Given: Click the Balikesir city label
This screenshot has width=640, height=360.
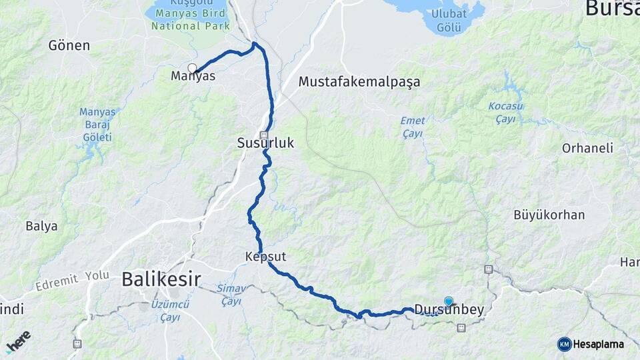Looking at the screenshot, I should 161,280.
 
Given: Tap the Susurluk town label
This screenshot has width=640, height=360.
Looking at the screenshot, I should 265,143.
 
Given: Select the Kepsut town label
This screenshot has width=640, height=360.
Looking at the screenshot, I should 265,256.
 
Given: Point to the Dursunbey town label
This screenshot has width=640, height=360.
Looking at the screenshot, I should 449,310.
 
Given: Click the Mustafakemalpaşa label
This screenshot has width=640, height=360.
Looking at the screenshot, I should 359,82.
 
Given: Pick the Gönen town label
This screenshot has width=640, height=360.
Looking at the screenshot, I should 69,45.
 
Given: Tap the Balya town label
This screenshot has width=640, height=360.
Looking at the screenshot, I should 41,226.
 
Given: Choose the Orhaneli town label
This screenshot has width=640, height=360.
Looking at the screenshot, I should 587,148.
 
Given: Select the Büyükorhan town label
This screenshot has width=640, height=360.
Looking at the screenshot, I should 549,215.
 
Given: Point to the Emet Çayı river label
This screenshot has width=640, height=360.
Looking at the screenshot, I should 413,127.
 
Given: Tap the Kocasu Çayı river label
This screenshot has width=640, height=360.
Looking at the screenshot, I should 505,112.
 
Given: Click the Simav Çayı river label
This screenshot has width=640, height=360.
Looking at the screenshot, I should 229,295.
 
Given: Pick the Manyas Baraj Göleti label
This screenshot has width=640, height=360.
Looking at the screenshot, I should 98,124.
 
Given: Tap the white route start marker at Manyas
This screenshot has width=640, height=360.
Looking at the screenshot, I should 193,68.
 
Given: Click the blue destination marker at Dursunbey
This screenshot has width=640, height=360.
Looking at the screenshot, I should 449,301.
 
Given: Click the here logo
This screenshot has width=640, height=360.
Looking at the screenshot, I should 18,341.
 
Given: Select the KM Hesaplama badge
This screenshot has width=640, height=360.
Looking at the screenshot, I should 591,344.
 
